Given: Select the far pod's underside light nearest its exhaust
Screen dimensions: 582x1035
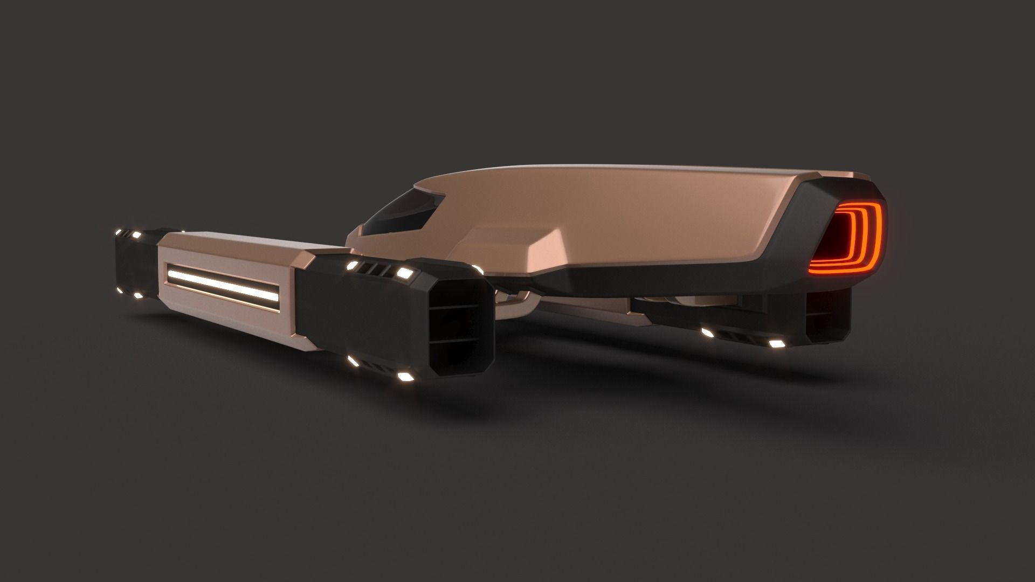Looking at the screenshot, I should (x=776, y=343).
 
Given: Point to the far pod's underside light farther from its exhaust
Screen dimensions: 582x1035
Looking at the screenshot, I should (x=708, y=333).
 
